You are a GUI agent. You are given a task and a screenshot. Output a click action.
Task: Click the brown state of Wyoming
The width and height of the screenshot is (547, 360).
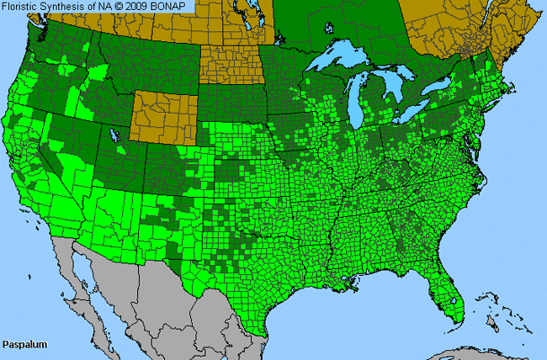[165, 117]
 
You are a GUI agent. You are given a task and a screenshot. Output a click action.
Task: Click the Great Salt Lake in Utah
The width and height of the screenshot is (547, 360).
[114, 135]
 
